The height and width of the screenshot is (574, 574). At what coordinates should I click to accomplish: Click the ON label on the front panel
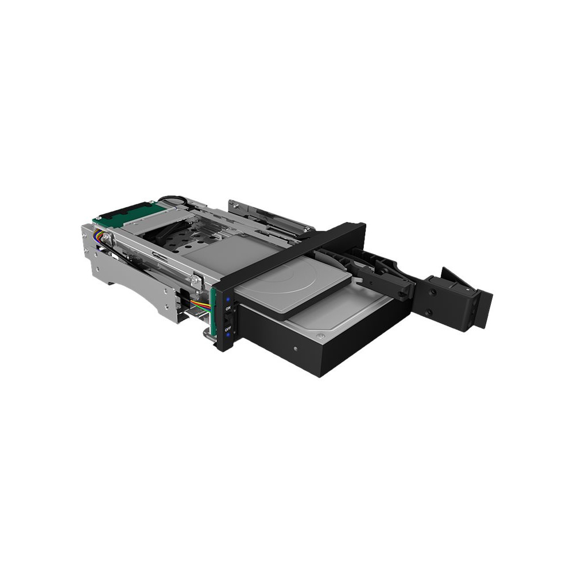[x=228, y=309]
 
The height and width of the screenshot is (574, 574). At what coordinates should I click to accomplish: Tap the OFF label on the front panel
[x=228, y=328]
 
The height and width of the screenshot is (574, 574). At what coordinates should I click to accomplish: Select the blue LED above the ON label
[x=228, y=298]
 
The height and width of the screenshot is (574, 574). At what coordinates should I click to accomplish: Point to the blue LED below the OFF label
[x=228, y=335]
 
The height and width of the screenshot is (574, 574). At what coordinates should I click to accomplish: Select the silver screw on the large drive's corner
[x=321, y=336]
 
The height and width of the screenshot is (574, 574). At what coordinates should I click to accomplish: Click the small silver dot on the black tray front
[x=296, y=348]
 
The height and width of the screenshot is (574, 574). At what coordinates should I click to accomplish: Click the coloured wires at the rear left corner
[x=99, y=235]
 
